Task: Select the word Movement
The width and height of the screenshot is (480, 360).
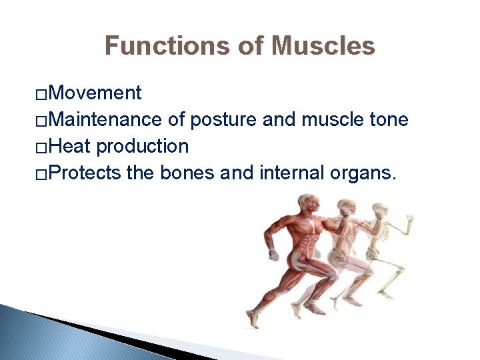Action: pyautogui.click(x=95, y=93)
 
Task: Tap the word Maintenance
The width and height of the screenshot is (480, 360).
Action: pyautogui.click(x=105, y=119)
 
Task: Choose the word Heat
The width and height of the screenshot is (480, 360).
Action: pyautogui.click(x=71, y=146)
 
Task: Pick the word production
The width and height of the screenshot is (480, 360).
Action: pyautogui.click(x=143, y=146)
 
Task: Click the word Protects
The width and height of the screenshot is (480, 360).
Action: pyautogui.click(x=85, y=173)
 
